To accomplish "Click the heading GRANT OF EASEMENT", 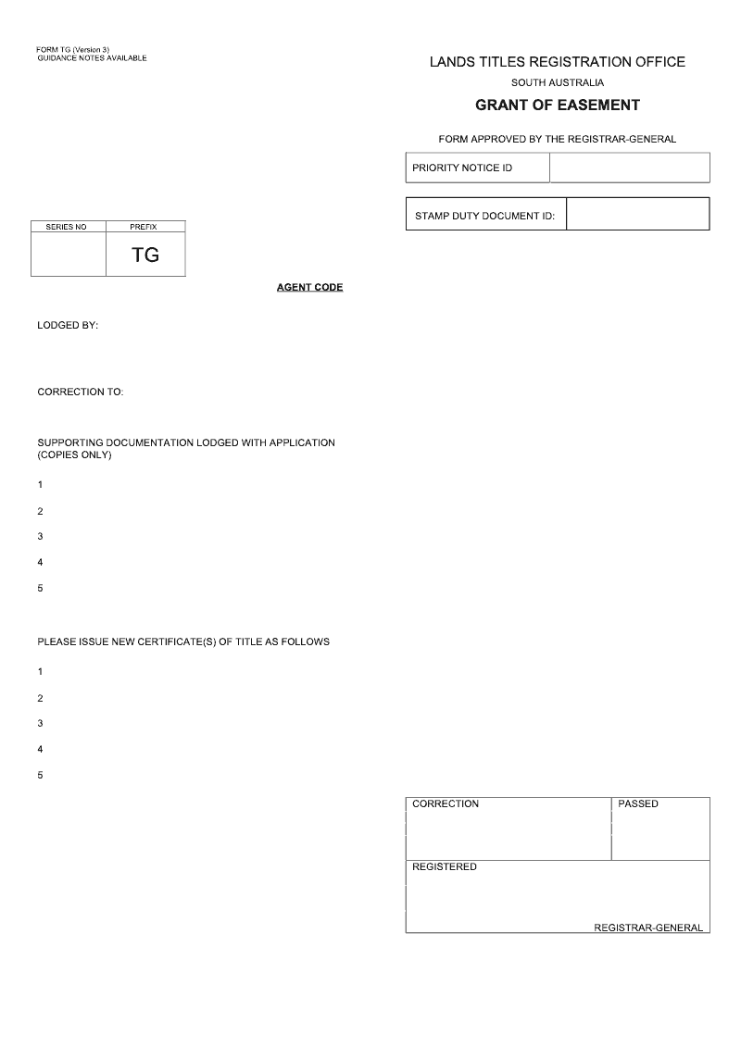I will [x=557, y=106].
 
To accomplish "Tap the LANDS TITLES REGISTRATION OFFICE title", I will [x=557, y=62].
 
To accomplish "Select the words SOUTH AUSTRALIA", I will [x=557, y=83].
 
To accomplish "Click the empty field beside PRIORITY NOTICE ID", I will [x=629, y=168].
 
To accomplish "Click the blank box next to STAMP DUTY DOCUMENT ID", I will [x=637, y=214].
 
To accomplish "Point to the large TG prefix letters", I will [x=145, y=255].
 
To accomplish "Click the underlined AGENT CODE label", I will [x=309, y=287].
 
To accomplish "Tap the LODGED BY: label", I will [x=68, y=326].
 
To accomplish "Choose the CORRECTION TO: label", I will [x=80, y=392].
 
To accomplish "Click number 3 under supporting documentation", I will [x=40, y=537].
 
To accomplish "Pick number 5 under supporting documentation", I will [x=40, y=589].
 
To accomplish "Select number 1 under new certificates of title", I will [x=40, y=671].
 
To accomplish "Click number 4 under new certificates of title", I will [x=40, y=749].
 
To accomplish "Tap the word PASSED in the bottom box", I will [x=638, y=803].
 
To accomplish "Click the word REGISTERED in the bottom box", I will [x=445, y=867].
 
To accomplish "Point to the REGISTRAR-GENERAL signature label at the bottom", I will [x=648, y=928].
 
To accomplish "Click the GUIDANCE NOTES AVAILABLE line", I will [x=92, y=58].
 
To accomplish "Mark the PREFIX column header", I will [x=144, y=227].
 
